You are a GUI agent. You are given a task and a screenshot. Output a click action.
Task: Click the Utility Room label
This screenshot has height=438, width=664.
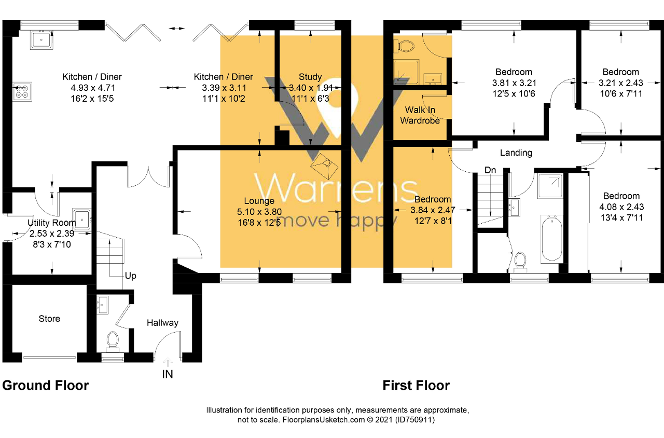(51, 223)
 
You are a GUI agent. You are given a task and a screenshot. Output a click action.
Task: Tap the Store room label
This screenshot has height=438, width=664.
(49, 319)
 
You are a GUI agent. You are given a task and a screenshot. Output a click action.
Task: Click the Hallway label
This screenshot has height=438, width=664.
(162, 323)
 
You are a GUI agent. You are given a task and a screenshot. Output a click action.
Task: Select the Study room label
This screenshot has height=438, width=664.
(310, 77)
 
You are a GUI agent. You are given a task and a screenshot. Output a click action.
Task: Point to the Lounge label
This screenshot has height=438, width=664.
(259, 201)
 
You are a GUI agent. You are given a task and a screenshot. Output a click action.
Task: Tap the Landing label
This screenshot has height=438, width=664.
(516, 153)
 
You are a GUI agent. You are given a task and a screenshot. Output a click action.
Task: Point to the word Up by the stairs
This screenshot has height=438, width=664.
(130, 276)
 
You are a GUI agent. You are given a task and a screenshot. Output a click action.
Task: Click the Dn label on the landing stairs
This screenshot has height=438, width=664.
(490, 170)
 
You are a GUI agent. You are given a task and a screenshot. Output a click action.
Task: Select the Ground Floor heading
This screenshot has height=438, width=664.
(46, 386)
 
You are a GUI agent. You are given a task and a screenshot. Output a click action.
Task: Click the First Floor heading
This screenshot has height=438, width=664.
(416, 386)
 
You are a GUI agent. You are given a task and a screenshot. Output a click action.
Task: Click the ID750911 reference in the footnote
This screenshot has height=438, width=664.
(414, 420)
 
